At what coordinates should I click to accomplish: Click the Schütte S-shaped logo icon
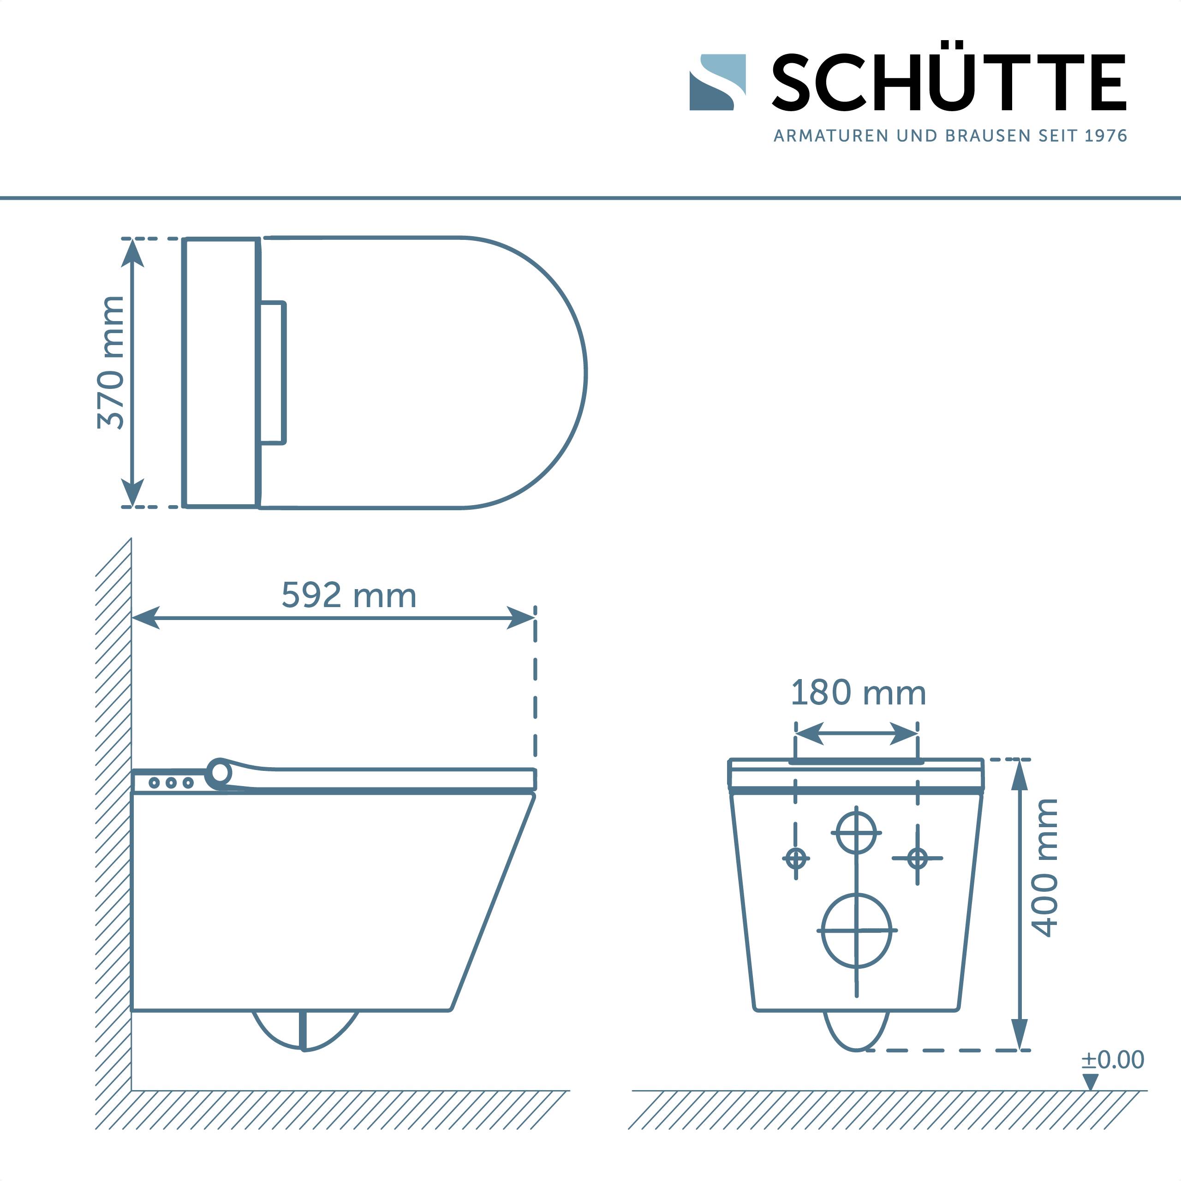[x=717, y=82]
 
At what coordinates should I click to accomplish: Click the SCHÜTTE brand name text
[x=948, y=83]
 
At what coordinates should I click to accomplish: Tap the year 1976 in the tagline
[x=1105, y=136]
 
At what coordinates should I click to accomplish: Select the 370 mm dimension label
[x=111, y=363]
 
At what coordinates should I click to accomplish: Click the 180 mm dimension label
[x=858, y=693]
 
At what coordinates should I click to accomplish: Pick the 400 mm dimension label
[x=1045, y=868]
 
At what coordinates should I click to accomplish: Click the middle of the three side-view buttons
[x=171, y=782]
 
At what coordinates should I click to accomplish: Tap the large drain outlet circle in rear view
[x=856, y=930]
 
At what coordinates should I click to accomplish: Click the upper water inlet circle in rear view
[x=856, y=833]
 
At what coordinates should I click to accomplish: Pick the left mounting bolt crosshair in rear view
[x=795, y=858]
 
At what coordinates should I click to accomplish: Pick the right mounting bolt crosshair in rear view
[x=917, y=858]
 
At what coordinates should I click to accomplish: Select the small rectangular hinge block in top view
[x=273, y=372]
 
